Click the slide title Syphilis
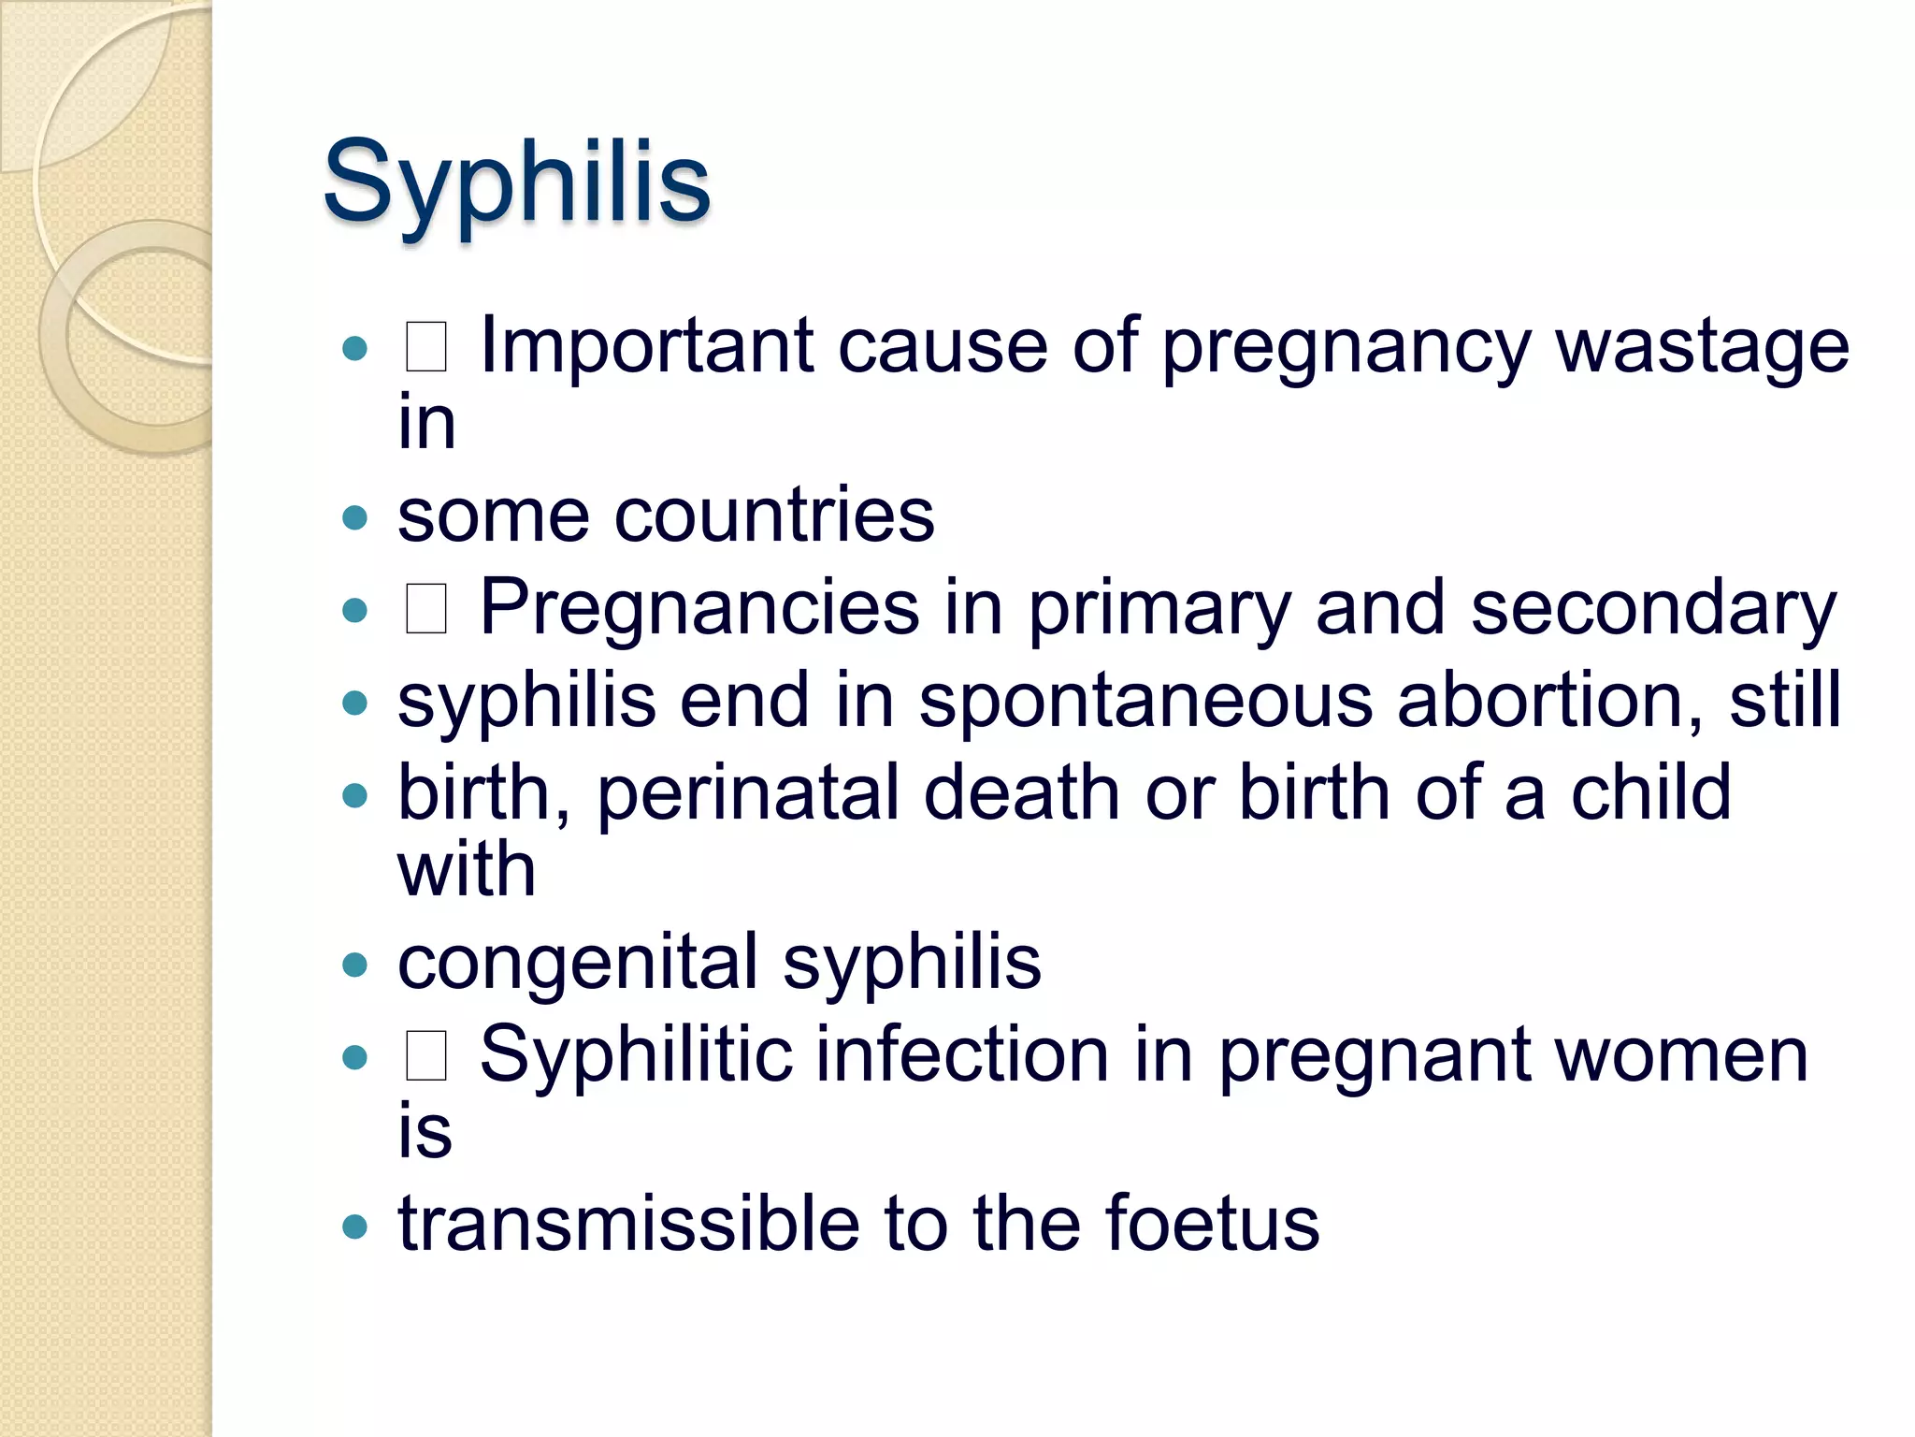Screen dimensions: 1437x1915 pos(516,182)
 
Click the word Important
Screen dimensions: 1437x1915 pos(646,347)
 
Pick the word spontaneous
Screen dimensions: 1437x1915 pos(1145,701)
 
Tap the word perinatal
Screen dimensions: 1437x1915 pos(747,793)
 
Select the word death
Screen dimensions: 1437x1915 pos(1022,793)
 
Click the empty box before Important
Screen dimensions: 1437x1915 pos(425,347)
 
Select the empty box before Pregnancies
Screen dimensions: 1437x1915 pos(425,609)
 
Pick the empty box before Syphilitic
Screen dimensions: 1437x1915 pos(425,1056)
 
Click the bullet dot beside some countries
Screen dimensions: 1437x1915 pos(355,517)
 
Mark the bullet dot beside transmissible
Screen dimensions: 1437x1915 pos(355,1226)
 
